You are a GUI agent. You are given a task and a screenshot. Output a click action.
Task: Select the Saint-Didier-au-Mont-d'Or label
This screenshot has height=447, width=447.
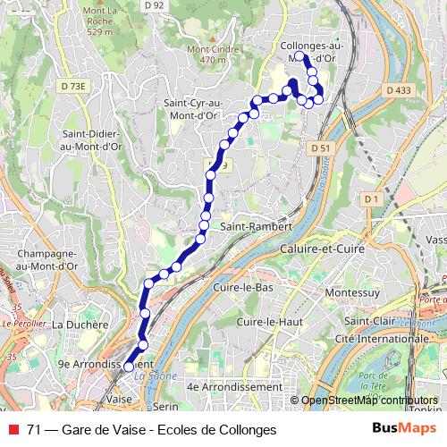(x=93, y=140)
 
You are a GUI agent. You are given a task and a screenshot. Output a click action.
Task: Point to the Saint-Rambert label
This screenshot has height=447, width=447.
(x=257, y=227)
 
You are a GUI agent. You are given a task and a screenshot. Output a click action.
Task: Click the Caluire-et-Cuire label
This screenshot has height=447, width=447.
(x=321, y=249)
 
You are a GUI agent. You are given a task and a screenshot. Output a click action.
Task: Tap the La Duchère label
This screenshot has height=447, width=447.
(x=80, y=325)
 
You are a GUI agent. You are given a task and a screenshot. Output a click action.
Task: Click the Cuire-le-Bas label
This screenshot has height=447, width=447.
(x=243, y=288)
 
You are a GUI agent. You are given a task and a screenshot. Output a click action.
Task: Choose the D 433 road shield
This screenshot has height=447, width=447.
(x=400, y=90)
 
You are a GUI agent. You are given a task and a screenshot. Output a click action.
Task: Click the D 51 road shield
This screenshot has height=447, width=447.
(x=322, y=148)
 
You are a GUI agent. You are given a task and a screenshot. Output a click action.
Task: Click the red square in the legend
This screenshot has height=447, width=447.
(x=12, y=428)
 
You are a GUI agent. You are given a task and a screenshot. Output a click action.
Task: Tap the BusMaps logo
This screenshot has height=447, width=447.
(x=403, y=427)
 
